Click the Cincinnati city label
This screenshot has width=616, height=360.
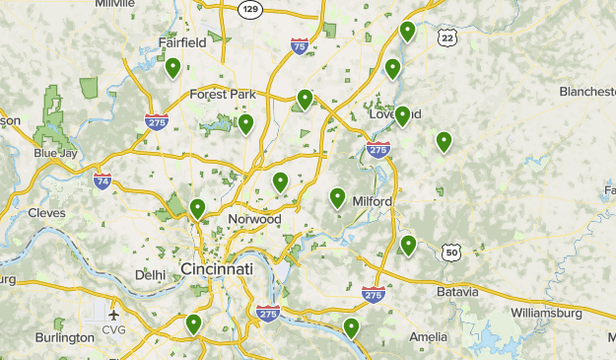pos(217,269)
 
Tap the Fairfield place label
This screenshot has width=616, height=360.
pos(182,42)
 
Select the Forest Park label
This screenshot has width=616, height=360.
pos(223,95)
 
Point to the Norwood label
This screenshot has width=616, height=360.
pos(254,219)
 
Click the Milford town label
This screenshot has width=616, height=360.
pos(373,201)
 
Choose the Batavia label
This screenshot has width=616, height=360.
pos(456,292)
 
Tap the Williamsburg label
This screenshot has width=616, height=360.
pos(549,313)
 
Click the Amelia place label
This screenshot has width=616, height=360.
pos(428,336)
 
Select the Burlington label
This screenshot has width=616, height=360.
pos(65,337)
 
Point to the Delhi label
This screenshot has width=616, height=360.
pos(151,275)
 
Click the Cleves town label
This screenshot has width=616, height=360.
pos(46,213)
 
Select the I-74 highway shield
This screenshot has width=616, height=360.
pos(103,180)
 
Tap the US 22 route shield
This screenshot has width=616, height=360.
pos(448,36)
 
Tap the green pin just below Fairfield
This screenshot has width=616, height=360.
pos(172,68)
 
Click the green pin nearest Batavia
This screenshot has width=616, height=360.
pos(408,246)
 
